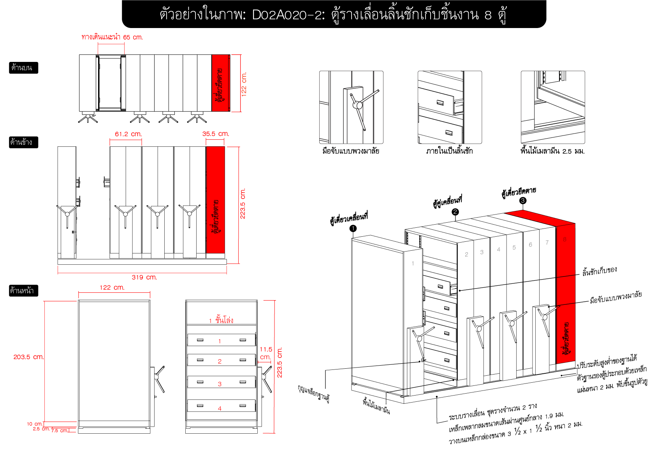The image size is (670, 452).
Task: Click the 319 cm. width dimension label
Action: tap(144, 277)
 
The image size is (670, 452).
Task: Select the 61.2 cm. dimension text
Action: tap(128, 134)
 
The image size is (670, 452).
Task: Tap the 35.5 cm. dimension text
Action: tap(215, 134)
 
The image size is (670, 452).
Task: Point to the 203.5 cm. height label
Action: tap(28, 357)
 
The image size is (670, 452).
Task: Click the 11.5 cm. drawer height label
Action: tap(266, 353)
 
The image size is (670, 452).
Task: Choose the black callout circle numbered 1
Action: tap(353, 229)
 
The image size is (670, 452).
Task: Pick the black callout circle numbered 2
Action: tap(455, 212)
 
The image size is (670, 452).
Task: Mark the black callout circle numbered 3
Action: tap(523, 200)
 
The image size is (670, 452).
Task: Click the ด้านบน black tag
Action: tap(23, 68)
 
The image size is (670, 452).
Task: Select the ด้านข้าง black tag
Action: tap(23, 142)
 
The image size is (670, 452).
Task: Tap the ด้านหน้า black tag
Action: tap(23, 290)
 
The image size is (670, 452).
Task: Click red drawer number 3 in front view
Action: tap(220, 384)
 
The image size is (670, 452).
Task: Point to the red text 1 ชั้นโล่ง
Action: tap(221, 320)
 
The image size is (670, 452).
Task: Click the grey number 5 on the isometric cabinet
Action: tap(514, 248)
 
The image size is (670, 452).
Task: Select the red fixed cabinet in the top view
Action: tap(220, 83)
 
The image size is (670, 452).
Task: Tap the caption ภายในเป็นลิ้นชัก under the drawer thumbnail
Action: tap(449, 151)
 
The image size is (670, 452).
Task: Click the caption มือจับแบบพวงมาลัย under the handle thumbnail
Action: tap(351, 151)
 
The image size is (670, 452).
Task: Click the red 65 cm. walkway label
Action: tap(112, 37)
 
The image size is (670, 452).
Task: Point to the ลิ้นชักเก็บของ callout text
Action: tap(600, 271)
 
